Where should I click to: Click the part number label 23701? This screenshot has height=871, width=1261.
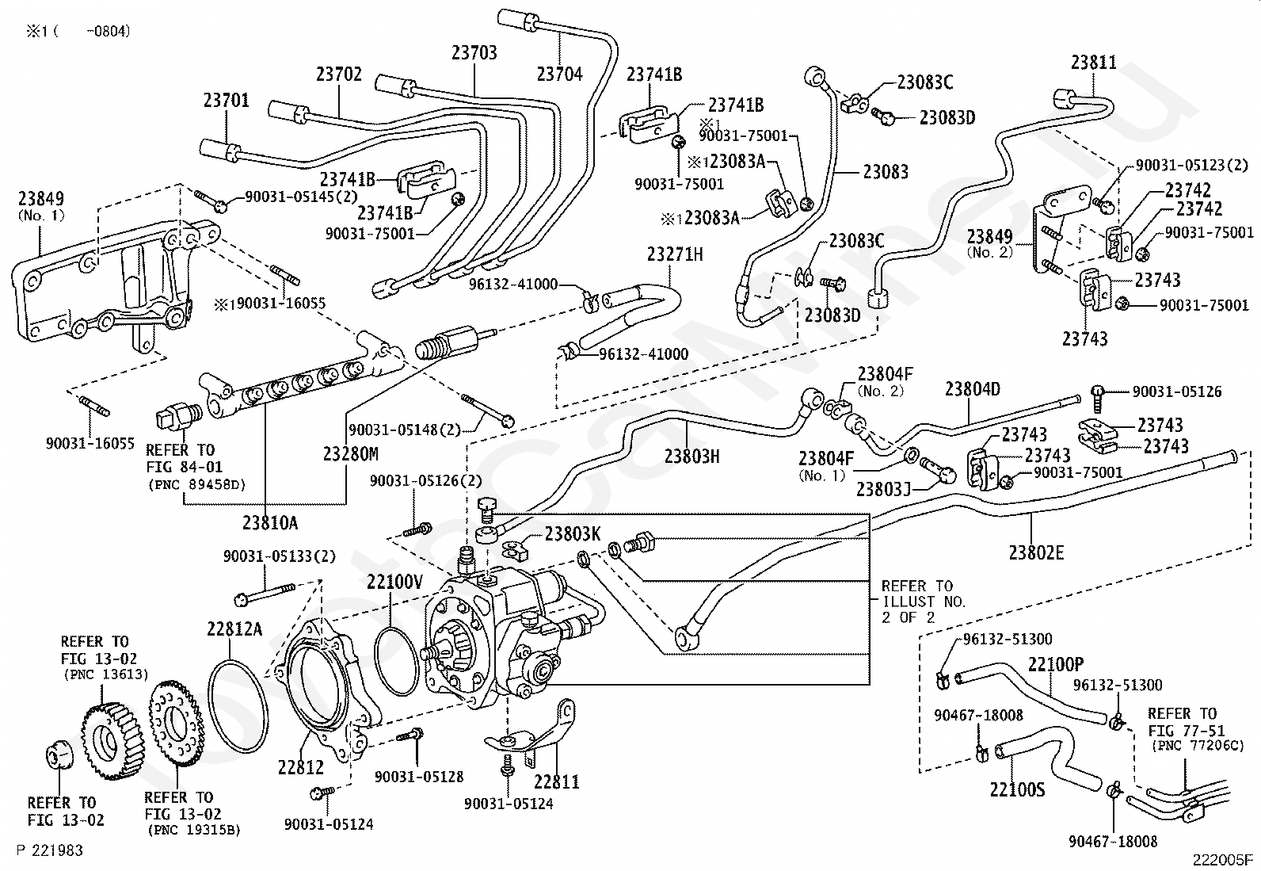226,101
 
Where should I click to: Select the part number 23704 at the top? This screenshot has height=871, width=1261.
559,74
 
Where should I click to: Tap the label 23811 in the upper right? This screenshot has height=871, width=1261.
1093,62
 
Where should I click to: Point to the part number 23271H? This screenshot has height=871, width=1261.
675,254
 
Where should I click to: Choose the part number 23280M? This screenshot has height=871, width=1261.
350,454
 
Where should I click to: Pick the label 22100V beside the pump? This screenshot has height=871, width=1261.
394,583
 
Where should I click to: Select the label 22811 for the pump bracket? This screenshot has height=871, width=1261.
556,781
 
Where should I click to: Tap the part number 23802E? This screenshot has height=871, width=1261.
1036,552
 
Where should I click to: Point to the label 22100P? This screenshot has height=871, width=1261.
1056,664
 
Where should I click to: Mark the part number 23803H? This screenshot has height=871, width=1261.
691,456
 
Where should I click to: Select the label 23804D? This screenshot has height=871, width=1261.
972,389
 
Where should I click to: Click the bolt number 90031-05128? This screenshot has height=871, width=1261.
418,777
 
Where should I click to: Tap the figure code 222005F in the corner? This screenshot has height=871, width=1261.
1224,859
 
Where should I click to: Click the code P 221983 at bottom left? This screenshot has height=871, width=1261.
49,850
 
